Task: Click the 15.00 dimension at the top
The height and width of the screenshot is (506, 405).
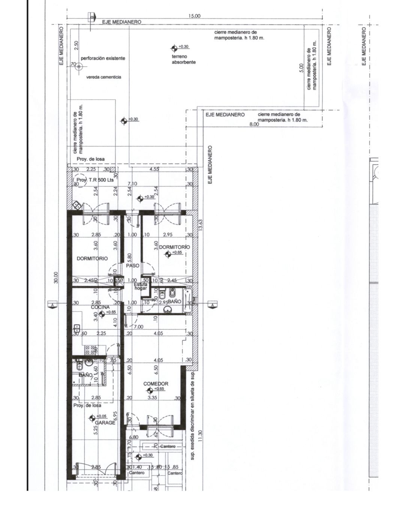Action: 195,16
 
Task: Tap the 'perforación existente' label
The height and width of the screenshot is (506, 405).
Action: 103,58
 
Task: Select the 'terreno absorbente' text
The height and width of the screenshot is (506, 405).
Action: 184,59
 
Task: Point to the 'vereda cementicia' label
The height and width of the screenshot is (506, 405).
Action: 104,77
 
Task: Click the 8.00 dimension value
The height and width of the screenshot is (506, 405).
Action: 254,124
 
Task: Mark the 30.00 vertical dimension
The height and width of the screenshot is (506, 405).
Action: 55,278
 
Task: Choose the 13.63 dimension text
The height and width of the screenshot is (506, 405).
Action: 200,226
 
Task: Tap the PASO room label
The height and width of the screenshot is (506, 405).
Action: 133,265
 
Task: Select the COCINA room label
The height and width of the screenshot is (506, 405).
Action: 100,307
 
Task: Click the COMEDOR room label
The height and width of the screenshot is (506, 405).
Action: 156,383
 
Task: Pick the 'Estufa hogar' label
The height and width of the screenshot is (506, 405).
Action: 141,286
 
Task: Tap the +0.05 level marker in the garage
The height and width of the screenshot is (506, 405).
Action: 91,417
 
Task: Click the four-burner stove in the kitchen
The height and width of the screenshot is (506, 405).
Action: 90,350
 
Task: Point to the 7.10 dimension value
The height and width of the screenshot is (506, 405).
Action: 132,183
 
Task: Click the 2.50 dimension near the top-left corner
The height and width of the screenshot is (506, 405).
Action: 76,46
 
